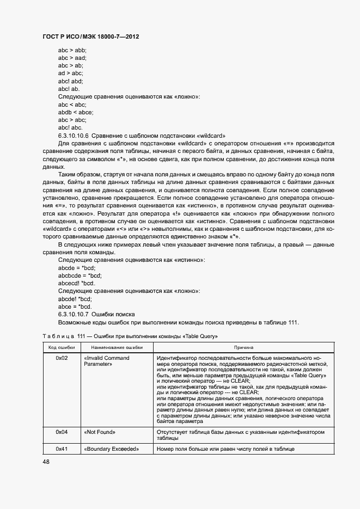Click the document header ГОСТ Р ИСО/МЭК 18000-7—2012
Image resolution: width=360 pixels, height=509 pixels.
(x=90, y=36)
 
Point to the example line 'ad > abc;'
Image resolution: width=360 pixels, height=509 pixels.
(x=71, y=73)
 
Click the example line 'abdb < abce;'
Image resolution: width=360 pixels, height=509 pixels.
(x=75, y=112)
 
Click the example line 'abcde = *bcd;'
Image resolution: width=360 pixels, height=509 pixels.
(x=77, y=268)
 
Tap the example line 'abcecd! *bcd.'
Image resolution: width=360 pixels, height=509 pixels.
(x=77, y=284)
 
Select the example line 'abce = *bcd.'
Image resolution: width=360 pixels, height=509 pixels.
(x=75, y=307)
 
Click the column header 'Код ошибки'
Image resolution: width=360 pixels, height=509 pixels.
(x=62, y=347)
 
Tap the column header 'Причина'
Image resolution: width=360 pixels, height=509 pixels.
(x=243, y=347)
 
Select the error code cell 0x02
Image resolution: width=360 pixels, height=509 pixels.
(x=62, y=358)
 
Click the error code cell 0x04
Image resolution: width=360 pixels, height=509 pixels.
(x=62, y=432)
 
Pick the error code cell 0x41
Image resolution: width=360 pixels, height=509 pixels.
(x=62, y=449)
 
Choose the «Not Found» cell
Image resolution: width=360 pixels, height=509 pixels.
(x=100, y=432)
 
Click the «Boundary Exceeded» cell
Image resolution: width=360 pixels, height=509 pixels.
(x=112, y=449)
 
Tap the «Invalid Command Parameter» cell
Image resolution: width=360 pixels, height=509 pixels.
(x=107, y=361)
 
